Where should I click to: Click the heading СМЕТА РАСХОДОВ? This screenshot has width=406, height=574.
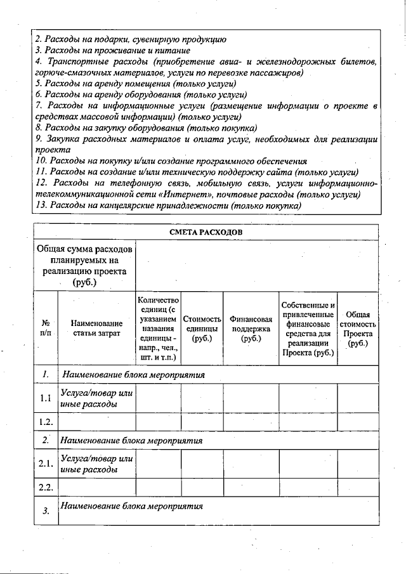(x=206, y=232)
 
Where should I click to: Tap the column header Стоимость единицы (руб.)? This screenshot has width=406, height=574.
(x=202, y=329)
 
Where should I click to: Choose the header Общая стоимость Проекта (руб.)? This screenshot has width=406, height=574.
(x=358, y=329)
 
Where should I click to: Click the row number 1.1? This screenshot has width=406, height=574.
(x=45, y=398)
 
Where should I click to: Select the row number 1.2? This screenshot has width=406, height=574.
(x=45, y=422)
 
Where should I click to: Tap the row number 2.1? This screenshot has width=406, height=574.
(x=45, y=464)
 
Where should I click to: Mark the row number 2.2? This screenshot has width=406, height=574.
(x=45, y=487)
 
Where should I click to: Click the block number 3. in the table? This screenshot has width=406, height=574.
(x=46, y=512)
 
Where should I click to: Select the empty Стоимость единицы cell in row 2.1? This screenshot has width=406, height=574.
(x=202, y=464)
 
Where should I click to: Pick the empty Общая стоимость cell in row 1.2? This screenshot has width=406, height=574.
(x=358, y=422)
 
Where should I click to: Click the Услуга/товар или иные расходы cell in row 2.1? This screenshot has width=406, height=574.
(x=96, y=464)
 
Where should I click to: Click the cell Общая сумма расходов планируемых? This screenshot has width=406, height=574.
(x=84, y=264)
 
